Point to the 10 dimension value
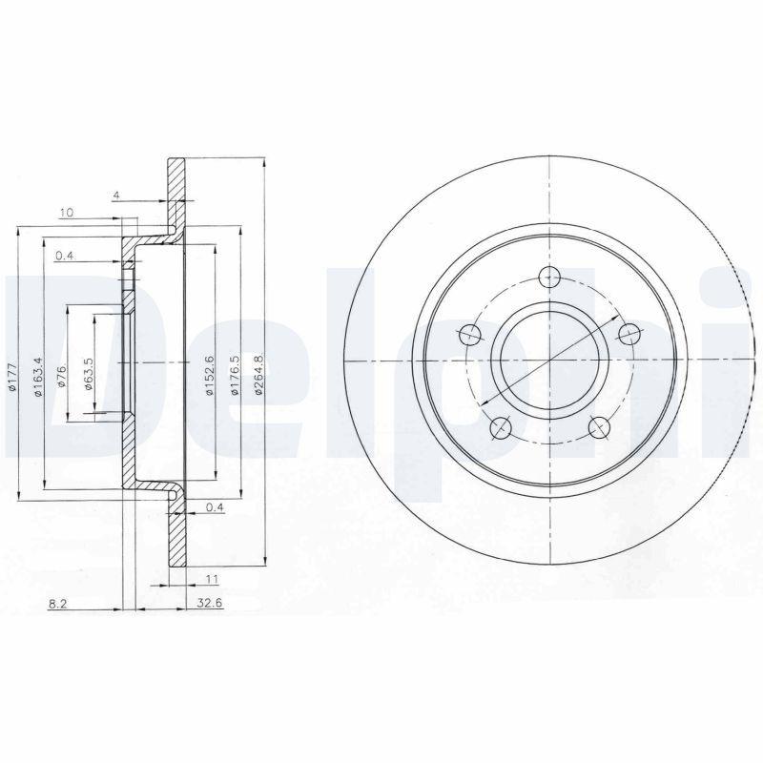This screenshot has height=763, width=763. click(x=66, y=212)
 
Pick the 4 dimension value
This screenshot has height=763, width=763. click(x=115, y=196)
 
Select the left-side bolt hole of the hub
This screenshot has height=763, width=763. click(x=470, y=335)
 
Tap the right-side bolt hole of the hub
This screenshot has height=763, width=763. click(x=629, y=334)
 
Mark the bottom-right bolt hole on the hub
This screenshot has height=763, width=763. click(x=599, y=427)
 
